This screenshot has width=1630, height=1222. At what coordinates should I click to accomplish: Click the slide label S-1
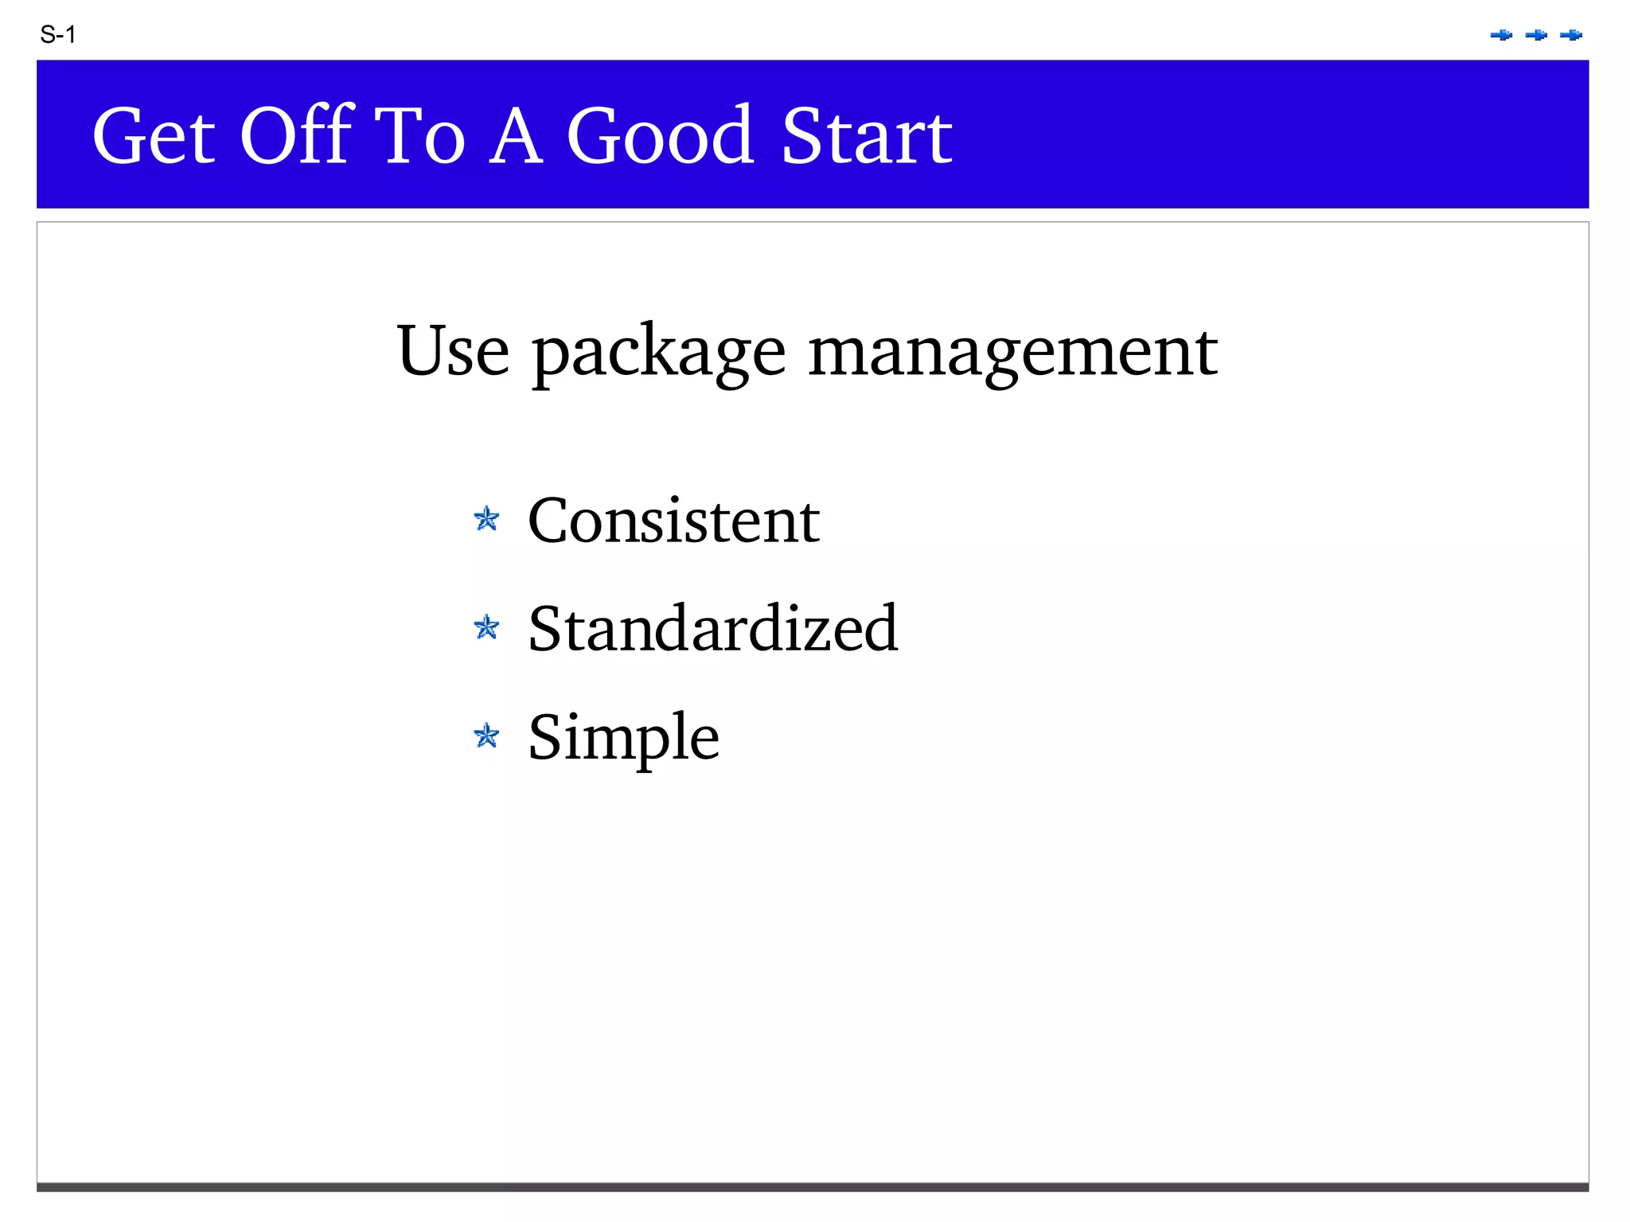57,35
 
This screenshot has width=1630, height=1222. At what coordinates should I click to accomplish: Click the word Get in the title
154,137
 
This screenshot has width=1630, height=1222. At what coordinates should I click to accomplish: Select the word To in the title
419,137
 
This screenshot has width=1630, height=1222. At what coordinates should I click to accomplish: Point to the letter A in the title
515,137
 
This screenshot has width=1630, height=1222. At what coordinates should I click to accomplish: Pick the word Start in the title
867,137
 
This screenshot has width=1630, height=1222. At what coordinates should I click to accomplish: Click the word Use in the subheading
453,351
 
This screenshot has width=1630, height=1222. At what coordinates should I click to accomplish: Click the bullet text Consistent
673,521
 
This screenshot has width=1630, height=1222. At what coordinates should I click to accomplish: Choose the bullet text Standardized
713,629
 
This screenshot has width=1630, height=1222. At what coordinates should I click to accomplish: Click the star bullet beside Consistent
486,519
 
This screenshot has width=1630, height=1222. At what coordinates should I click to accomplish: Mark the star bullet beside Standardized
486,627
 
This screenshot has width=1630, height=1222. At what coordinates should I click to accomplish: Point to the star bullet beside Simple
486,736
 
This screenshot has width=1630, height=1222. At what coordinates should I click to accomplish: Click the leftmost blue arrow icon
1501,35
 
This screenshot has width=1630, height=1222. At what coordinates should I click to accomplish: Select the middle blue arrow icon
1536,35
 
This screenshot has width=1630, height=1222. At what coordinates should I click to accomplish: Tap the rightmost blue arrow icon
1571,35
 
